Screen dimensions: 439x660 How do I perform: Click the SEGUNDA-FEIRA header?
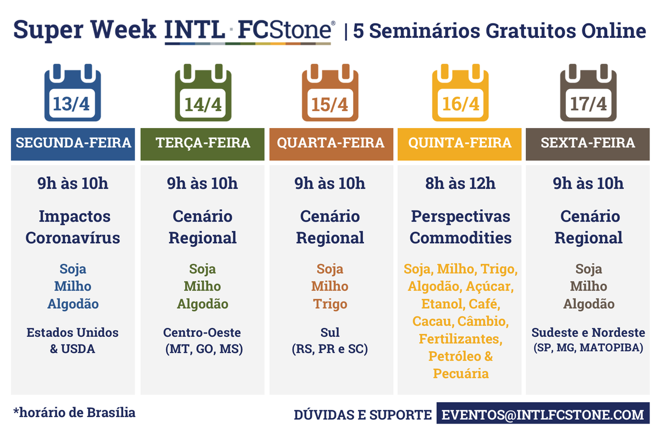pyautogui.click(x=73, y=143)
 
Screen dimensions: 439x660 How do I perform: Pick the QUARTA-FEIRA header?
pyautogui.click(x=331, y=143)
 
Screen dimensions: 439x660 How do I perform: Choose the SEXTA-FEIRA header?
pyautogui.click(x=587, y=143)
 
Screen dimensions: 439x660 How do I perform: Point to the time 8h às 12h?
pyautogui.click(x=460, y=183)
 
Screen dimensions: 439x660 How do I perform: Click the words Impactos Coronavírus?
pyautogui.click(x=73, y=227)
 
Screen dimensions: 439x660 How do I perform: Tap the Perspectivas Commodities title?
pyautogui.click(x=460, y=227)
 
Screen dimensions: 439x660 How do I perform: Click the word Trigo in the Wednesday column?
pyautogui.click(x=330, y=304)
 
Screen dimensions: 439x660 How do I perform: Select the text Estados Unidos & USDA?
pyautogui.click(x=73, y=341)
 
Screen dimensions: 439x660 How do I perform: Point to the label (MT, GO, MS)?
pyautogui.click(x=202, y=349)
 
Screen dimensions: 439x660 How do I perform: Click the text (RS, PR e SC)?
pyautogui.click(x=330, y=349)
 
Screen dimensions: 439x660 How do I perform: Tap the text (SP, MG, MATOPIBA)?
pyautogui.click(x=587, y=348)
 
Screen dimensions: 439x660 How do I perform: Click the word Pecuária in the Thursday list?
pyautogui.click(x=460, y=374)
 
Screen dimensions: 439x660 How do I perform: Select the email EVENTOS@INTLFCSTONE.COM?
pyautogui.click(x=543, y=414)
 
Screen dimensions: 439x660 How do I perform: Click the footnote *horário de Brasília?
pyautogui.click(x=74, y=412)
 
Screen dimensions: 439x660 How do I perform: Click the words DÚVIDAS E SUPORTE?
pyautogui.click(x=362, y=415)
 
